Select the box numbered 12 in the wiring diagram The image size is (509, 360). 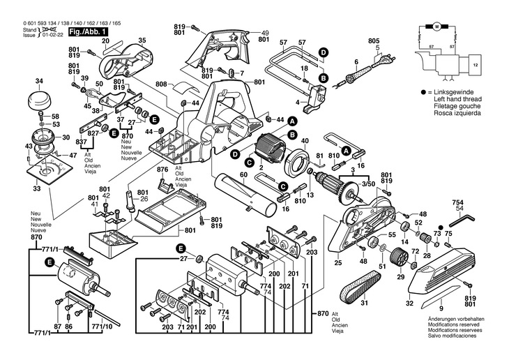(x=476, y=65)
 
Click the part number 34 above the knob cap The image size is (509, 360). (x=39, y=81)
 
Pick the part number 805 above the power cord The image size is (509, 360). (x=374, y=41)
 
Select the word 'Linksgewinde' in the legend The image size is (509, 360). (x=451, y=92)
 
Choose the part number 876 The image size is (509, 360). (x=162, y=170)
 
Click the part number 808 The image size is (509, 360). (x=161, y=84)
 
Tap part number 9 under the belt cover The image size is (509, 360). (x=441, y=308)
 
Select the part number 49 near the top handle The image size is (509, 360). (x=264, y=33)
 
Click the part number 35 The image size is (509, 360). (x=142, y=41)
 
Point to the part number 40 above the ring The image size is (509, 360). (x=305, y=140)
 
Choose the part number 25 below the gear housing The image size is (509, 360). (x=337, y=262)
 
